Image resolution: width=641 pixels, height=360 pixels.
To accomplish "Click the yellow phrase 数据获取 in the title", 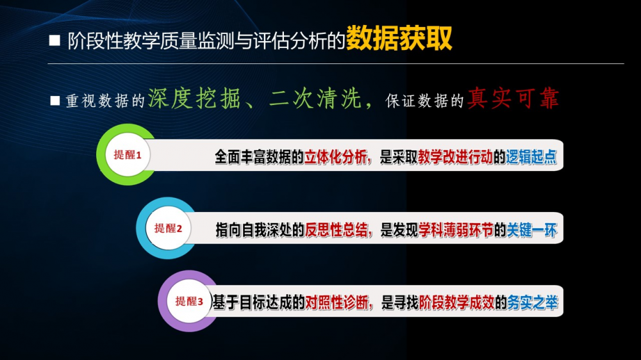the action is click(399, 38).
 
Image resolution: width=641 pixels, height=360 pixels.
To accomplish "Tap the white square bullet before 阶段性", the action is click(54, 40).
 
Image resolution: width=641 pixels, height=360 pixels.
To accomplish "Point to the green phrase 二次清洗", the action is click(315, 99).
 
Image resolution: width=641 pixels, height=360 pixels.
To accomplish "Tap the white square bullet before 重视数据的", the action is click(54, 101).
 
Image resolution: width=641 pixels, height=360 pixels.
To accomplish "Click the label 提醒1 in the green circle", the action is click(127, 155).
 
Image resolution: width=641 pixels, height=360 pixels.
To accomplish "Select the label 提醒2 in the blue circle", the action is click(167, 228).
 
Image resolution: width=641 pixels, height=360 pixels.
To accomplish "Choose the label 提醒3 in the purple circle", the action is click(189, 301).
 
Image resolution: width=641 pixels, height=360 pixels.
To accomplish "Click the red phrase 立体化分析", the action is click(336, 157).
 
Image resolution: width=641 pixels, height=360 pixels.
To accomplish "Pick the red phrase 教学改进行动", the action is click(455, 157).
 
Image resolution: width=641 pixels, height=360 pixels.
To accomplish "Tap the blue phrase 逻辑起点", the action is click(531, 157).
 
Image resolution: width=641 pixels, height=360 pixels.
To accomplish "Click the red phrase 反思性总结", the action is click(337, 230).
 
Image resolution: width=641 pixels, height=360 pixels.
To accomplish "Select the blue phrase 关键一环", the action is click(532, 230).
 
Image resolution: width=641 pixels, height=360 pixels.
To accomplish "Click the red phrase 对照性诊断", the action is click(337, 303).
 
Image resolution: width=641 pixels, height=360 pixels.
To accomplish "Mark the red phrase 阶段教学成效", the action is click(457, 303).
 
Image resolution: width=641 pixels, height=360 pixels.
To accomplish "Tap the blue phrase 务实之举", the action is click(533, 303).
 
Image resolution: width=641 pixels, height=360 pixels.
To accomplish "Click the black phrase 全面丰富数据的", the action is click(259, 157).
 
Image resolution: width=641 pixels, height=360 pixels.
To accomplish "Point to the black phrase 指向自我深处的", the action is click(260, 230).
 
